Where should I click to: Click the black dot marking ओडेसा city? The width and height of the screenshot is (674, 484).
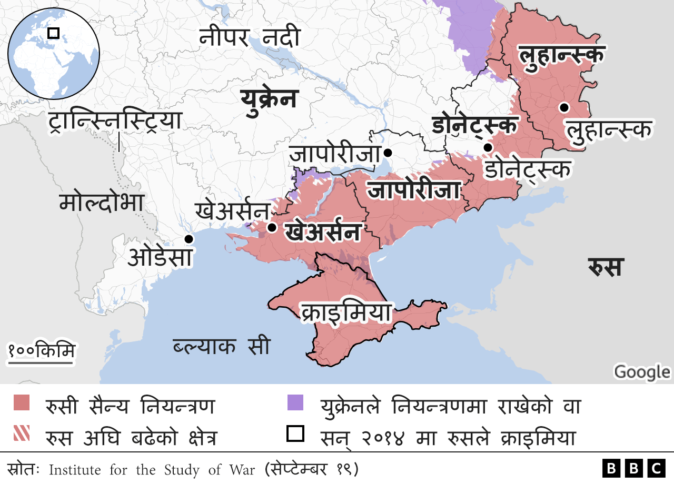(x=189, y=239)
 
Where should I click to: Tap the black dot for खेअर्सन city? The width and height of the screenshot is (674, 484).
(x=272, y=228)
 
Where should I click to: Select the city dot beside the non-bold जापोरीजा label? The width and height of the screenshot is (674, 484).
(x=388, y=153)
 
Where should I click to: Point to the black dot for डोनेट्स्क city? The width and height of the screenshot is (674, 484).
(x=488, y=147)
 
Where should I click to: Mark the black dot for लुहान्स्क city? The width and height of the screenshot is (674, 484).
(x=564, y=107)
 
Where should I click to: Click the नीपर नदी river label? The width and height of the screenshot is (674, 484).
(x=250, y=38)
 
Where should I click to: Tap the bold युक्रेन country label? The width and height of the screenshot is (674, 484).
(x=269, y=98)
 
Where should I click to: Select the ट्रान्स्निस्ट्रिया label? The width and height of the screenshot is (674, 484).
(x=114, y=120)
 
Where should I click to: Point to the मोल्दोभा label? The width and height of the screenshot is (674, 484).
(x=102, y=203)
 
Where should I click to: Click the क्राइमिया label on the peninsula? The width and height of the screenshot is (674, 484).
(x=346, y=312)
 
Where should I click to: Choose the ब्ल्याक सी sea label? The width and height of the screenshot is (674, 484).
(x=221, y=346)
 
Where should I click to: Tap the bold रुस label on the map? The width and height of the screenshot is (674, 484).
(x=606, y=267)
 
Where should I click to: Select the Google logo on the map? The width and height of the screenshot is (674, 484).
(x=641, y=371)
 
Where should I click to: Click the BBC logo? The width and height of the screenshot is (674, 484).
(x=634, y=468)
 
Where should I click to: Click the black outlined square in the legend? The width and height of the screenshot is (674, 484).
(x=295, y=434)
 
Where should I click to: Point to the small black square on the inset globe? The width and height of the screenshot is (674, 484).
(x=53, y=33)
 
